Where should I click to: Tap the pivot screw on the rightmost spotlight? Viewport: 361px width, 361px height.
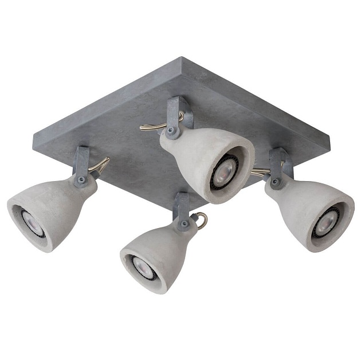pyautogui.click(x=276, y=182)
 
